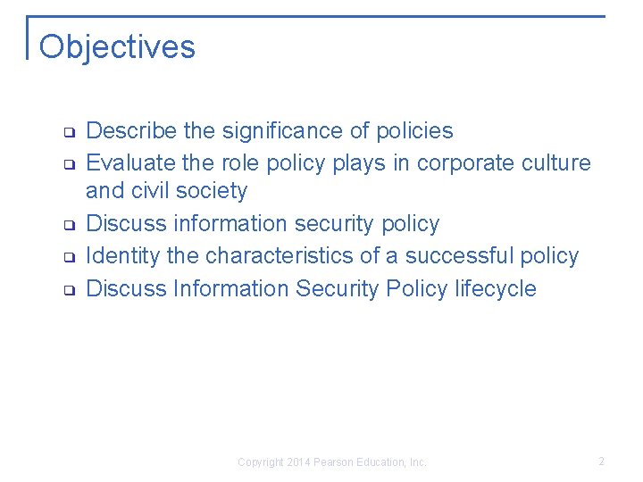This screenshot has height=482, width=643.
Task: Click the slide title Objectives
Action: (117, 46)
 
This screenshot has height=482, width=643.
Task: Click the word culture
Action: (559, 163)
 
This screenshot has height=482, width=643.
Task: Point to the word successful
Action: (459, 256)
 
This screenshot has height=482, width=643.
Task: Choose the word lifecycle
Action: (496, 289)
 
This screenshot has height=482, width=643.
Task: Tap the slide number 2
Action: (601, 461)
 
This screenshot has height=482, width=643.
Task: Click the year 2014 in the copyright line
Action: (299, 462)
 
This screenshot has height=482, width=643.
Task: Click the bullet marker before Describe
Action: (67, 133)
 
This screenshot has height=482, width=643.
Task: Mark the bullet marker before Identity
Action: (67, 258)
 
